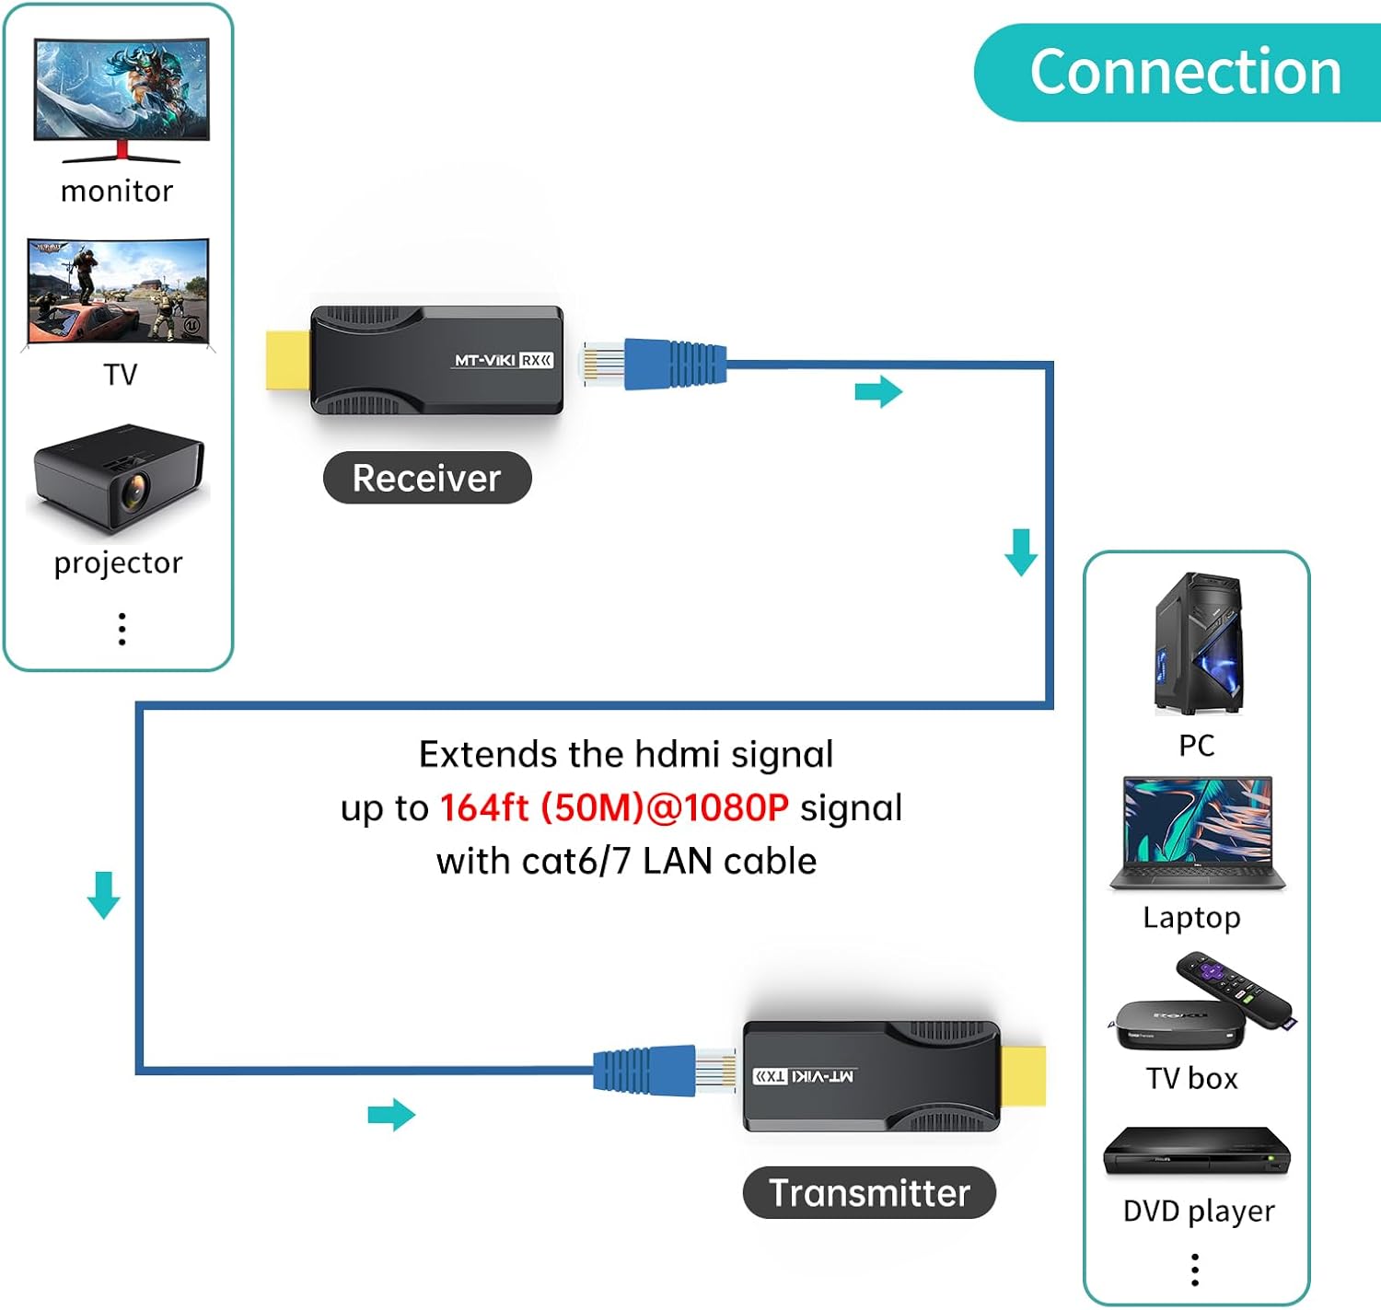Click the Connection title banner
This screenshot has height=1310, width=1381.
1183,72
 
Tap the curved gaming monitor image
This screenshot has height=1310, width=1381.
122,97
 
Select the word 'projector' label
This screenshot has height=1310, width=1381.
118,562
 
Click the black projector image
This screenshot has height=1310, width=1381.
118,478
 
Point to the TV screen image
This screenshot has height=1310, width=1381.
119,292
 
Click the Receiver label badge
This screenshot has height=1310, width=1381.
427,478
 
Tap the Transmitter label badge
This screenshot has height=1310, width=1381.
869,1193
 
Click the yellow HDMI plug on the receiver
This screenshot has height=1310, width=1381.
287,360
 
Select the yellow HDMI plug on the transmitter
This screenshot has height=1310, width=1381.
1023,1075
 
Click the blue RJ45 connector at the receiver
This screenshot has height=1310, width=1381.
674,363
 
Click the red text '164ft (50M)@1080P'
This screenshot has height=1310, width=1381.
614,808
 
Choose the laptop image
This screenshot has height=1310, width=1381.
1197,833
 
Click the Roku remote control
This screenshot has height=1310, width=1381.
1236,991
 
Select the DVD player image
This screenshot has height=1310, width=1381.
1197,1152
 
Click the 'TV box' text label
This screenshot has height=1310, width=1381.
1191,1078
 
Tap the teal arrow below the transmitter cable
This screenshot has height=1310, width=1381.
391,1115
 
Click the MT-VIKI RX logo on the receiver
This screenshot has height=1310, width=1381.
503,360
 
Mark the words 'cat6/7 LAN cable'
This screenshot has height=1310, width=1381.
668,862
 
